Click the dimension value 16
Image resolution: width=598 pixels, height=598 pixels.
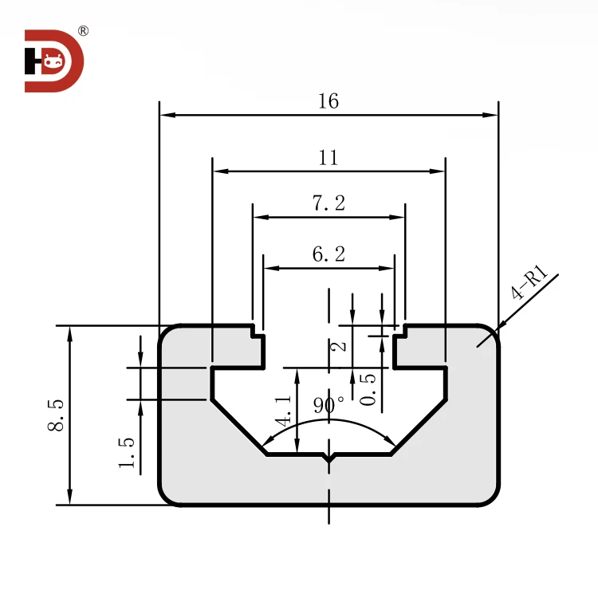[328, 102]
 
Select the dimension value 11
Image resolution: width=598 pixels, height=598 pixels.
[328, 158]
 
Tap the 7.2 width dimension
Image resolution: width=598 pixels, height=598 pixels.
[328, 203]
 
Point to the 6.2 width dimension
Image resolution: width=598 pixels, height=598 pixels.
[328, 255]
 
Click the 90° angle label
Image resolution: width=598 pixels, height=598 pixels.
[329, 403]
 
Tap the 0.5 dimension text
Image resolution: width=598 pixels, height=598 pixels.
[368, 390]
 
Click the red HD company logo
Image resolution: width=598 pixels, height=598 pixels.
[53, 61]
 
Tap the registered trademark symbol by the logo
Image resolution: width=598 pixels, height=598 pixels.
[83, 31]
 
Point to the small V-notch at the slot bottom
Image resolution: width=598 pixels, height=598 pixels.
[329, 458]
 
